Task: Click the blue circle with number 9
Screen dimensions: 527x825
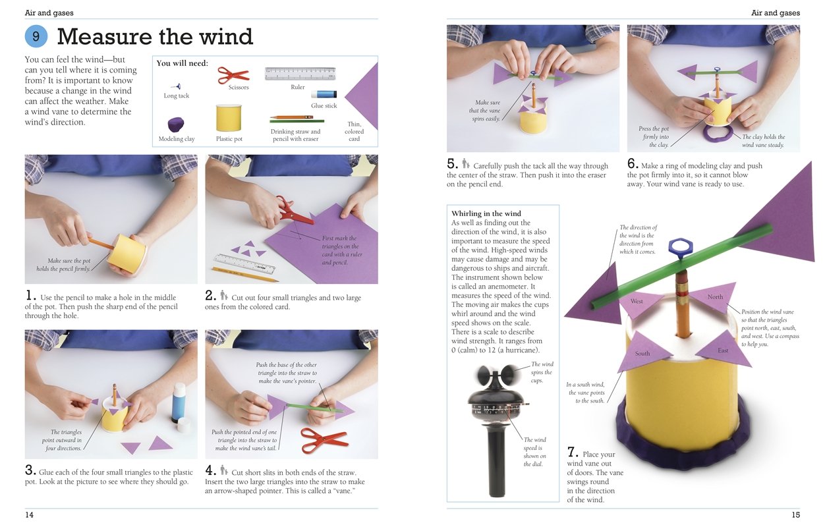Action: coord(36,36)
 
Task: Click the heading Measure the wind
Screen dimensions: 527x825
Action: coord(155,36)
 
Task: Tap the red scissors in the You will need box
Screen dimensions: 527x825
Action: coord(233,74)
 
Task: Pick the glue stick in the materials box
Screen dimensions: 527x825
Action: coord(324,94)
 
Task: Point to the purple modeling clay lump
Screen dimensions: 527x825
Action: coord(176,125)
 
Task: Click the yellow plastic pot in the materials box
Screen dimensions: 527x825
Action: coord(229,119)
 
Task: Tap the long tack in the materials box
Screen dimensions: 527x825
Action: coord(176,86)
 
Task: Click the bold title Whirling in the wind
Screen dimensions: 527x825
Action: coord(486,213)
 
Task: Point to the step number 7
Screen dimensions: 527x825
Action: coord(573,453)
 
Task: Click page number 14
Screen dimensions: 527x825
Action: coord(30,514)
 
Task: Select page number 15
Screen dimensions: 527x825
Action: coord(795,514)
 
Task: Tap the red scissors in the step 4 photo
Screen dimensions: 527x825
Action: coord(324,438)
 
